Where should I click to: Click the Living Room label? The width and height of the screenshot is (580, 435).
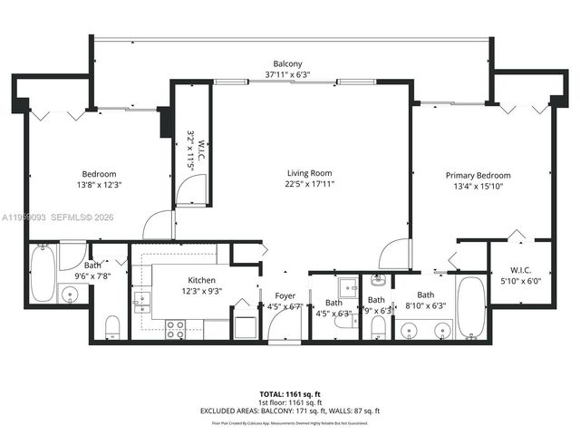[x=310, y=173]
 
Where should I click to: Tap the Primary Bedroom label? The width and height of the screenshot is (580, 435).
[x=478, y=175]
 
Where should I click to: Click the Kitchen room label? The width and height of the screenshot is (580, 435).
[x=201, y=280]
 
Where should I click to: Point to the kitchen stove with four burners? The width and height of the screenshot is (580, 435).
[x=175, y=328]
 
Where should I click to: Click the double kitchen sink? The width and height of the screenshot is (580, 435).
[x=140, y=301]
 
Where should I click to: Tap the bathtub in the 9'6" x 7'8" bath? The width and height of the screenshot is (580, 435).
[x=43, y=273]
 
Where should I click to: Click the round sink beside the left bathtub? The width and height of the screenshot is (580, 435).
[x=68, y=293]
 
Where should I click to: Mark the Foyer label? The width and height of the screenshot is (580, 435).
[x=285, y=295]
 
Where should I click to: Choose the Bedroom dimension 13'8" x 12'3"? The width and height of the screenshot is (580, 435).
[x=100, y=185]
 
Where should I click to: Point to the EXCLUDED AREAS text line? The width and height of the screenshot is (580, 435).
[x=290, y=411]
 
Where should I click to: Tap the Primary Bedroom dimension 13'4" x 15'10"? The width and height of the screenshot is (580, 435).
[x=478, y=187]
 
